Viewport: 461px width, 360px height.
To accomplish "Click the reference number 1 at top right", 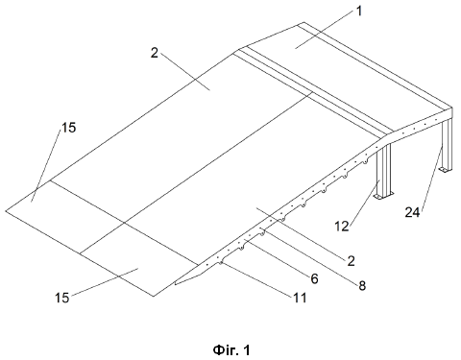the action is pyautogui.click(x=359, y=12).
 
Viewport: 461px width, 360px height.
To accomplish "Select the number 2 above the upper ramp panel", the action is pyautogui.click(x=155, y=53).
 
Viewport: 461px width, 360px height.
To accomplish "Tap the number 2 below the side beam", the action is pyautogui.click(x=352, y=261).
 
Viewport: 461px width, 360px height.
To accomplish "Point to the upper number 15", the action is pyautogui.click(x=69, y=128).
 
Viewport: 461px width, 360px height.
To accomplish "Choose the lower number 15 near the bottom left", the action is pyautogui.click(x=62, y=298).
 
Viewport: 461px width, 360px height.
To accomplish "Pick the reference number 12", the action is pyautogui.click(x=342, y=227).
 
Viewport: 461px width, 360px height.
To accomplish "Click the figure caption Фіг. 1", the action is pyautogui.click(x=231, y=350).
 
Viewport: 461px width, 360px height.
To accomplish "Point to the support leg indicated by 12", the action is pyautogui.click(x=384, y=171).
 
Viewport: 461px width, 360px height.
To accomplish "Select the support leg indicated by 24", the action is pyautogui.click(x=447, y=144).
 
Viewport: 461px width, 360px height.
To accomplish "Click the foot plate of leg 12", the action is pyautogui.click(x=384, y=196).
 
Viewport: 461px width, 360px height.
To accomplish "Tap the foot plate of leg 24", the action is pyautogui.click(x=446, y=170).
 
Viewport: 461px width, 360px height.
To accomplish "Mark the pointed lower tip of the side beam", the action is pyautogui.click(x=175, y=284).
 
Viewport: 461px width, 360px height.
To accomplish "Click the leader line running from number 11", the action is pyautogui.click(x=256, y=280).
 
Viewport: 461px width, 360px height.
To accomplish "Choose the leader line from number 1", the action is pyautogui.click(x=325, y=30).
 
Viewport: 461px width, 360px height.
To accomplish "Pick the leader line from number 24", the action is pyautogui.click(x=432, y=178).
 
